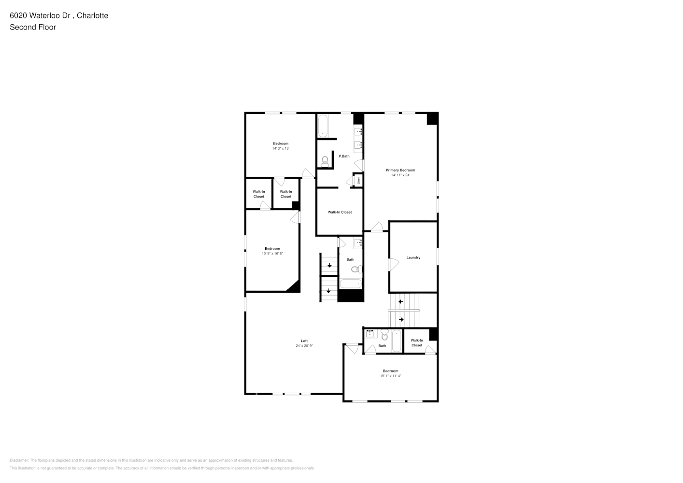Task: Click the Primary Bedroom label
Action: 400,170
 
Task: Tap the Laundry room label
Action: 413,257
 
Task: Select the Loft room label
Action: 304,341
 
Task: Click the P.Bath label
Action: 344,156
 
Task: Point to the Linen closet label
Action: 359,180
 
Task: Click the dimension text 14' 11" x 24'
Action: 400,175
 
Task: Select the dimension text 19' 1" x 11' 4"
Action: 390,376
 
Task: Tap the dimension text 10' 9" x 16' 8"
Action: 272,254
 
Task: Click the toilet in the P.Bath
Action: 325,161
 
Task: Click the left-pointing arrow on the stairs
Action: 400,302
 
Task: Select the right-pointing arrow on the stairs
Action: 401,319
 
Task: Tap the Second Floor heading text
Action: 33,27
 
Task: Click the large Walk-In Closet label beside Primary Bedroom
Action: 340,212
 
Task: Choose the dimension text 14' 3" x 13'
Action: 281,148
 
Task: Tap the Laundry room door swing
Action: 394,264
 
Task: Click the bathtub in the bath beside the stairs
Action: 350,283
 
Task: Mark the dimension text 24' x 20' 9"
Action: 304,346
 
